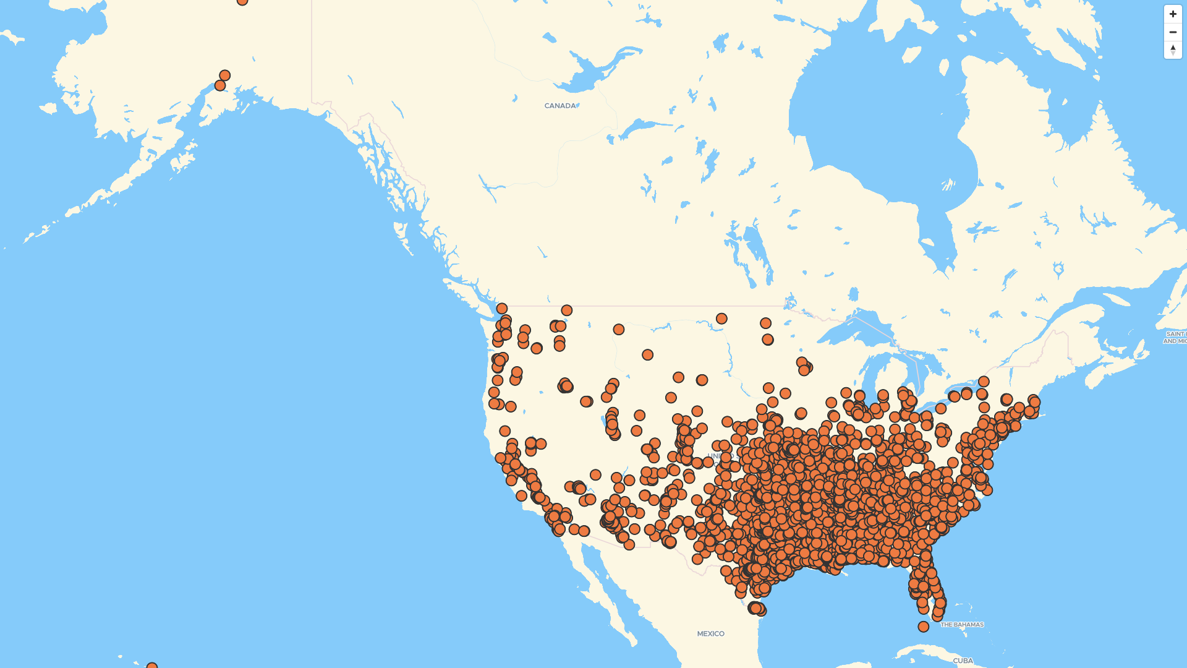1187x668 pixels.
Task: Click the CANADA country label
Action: [x=559, y=106]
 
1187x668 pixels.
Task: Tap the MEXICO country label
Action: [x=710, y=633]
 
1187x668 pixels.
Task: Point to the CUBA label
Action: [x=963, y=661]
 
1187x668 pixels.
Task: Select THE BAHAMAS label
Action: [x=962, y=625]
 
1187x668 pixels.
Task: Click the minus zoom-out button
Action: [x=1173, y=32]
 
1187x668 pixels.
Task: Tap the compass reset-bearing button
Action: [x=1173, y=50]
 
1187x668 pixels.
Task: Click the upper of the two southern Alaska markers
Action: [x=224, y=75]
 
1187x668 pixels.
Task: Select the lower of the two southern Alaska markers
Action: [x=219, y=85]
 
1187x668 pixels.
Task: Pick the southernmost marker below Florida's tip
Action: [x=923, y=627]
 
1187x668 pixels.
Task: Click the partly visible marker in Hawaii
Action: [x=151, y=666]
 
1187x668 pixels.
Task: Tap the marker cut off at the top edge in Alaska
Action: [x=242, y=2]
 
